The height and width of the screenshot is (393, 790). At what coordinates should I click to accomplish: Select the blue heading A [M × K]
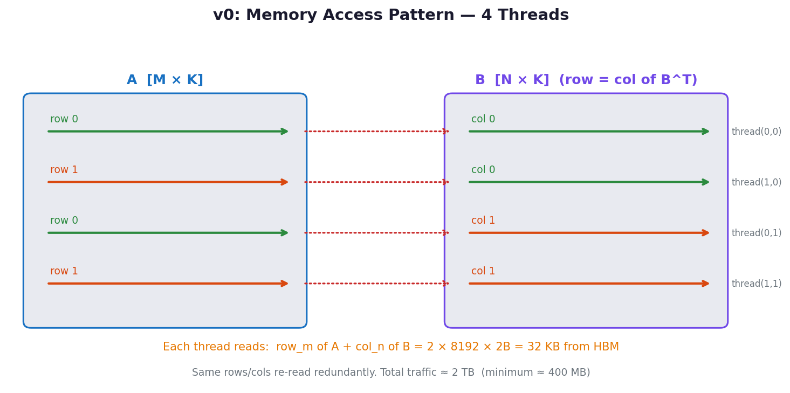tap(165, 80)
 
